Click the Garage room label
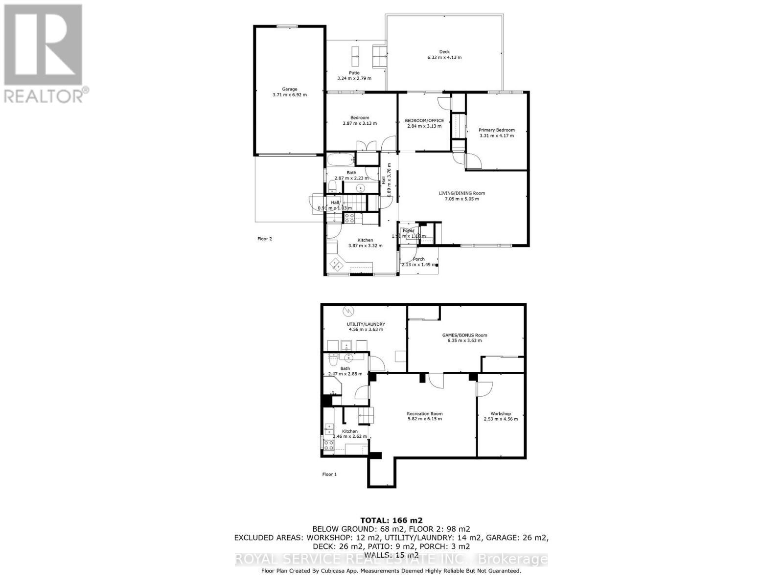pos(290,89)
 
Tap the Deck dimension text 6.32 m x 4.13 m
pos(444,57)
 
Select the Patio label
pos(354,73)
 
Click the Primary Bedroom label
pos(497,130)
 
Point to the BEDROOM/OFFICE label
pos(424,120)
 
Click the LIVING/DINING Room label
pos(461,193)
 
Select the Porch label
pos(419,259)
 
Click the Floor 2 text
pos(265,239)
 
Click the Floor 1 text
pos(329,474)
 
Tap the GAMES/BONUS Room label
pos(464,335)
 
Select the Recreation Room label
pos(425,413)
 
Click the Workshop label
pos(501,413)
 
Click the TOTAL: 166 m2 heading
pos(391,520)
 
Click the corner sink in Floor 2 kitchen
pos(336,265)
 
